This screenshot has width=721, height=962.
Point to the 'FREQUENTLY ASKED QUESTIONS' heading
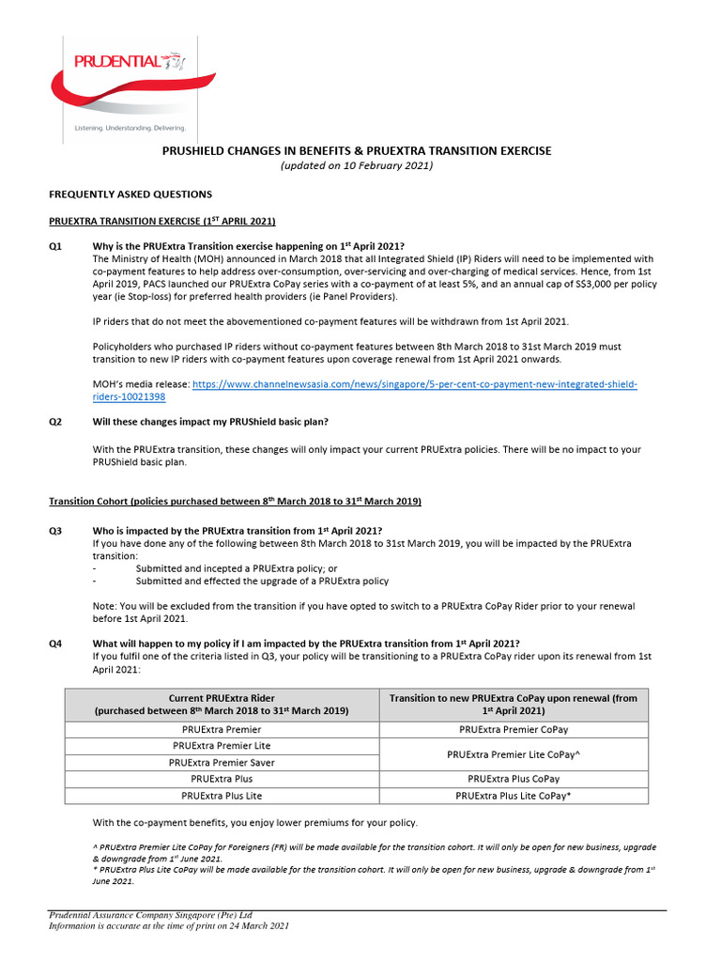(130, 194)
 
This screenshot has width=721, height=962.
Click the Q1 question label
(55, 246)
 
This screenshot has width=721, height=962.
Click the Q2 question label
(55, 422)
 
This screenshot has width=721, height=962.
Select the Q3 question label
(55, 531)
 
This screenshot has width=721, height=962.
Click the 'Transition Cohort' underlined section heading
(235, 502)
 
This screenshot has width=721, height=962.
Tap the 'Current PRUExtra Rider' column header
(222, 705)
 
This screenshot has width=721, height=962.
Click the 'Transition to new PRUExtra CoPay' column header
(514, 705)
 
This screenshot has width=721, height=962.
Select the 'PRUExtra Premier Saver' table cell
(222, 762)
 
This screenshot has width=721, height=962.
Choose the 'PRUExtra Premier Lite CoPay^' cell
(514, 753)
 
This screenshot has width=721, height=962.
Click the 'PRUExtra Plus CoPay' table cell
(514, 779)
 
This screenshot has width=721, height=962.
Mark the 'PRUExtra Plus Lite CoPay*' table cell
(514, 795)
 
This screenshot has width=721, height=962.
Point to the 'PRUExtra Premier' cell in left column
(222, 729)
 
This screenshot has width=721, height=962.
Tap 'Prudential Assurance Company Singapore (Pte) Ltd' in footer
(150, 914)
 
